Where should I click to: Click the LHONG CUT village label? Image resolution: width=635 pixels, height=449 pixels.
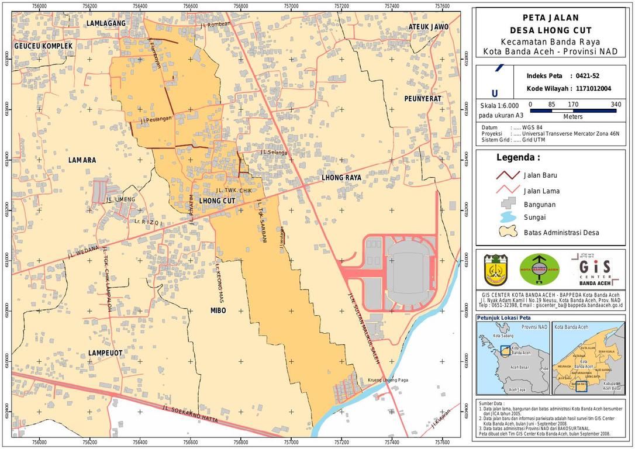click(x=217, y=201)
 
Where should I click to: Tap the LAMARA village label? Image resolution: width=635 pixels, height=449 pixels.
click(x=82, y=160)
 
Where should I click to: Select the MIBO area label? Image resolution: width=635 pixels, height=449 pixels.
click(x=218, y=310)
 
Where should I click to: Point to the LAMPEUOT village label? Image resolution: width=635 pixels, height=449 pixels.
click(x=105, y=353)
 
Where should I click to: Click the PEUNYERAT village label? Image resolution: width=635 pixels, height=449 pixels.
click(x=423, y=99)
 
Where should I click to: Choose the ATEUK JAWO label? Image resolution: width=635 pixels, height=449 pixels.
click(x=428, y=27)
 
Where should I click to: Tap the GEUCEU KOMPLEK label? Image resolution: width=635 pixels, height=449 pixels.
click(x=43, y=46)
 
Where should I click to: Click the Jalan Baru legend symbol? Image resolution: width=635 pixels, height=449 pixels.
click(x=508, y=175)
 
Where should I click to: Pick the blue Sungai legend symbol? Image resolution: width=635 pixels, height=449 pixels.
click(x=508, y=217)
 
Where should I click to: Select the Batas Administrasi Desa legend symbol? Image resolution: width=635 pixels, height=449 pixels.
click(x=508, y=232)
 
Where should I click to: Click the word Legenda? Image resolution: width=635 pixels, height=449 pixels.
click(x=518, y=157)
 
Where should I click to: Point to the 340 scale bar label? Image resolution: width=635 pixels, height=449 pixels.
click(x=615, y=105)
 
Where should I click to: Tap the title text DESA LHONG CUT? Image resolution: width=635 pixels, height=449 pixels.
click(x=550, y=30)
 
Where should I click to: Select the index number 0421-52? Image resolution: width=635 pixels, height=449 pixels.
click(x=587, y=76)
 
